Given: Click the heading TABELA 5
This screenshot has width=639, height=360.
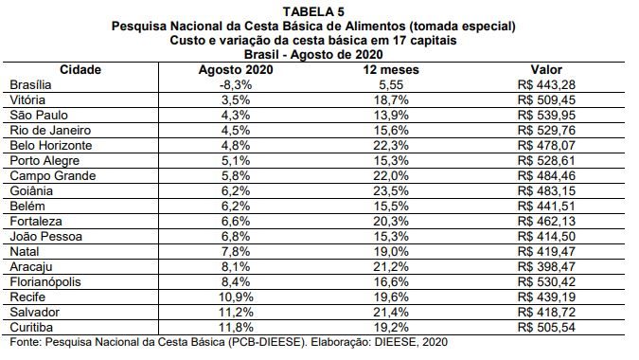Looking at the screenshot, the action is point(313,11).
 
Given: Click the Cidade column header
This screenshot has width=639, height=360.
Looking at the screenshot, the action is point(80,70).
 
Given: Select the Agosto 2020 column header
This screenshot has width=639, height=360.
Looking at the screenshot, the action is point(236,70).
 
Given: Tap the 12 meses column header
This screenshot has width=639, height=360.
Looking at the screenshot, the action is point(391,70).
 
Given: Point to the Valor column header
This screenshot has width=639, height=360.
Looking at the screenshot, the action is point(546,70).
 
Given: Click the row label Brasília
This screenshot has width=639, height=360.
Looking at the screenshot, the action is point(30,85).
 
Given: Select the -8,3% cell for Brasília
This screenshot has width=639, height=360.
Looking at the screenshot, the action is point(236,85).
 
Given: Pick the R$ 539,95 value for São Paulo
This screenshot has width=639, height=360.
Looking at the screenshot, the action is point(546,115).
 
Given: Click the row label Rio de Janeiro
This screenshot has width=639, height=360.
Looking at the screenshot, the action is point(50,130).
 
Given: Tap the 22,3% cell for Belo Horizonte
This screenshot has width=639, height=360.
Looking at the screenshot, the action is point(391,146).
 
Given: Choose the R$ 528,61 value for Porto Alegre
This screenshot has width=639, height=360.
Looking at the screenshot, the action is point(546,161).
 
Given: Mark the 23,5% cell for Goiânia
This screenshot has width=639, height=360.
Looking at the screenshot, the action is point(391,190).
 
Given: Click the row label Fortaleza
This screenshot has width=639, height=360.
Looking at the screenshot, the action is point(36,222).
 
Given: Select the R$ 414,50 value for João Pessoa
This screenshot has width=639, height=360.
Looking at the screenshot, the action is point(546,237).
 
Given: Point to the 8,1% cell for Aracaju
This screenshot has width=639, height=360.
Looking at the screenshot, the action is point(236,266).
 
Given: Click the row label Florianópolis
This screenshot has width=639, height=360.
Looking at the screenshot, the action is point(45,281).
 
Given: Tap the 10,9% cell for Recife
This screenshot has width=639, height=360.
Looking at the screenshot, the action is point(236,297).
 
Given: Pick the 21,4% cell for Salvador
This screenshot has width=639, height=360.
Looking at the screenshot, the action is point(391,313).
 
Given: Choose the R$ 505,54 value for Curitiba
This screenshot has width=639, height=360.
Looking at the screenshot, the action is point(546,328).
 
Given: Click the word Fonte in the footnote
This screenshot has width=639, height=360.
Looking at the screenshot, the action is point(26,342).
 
